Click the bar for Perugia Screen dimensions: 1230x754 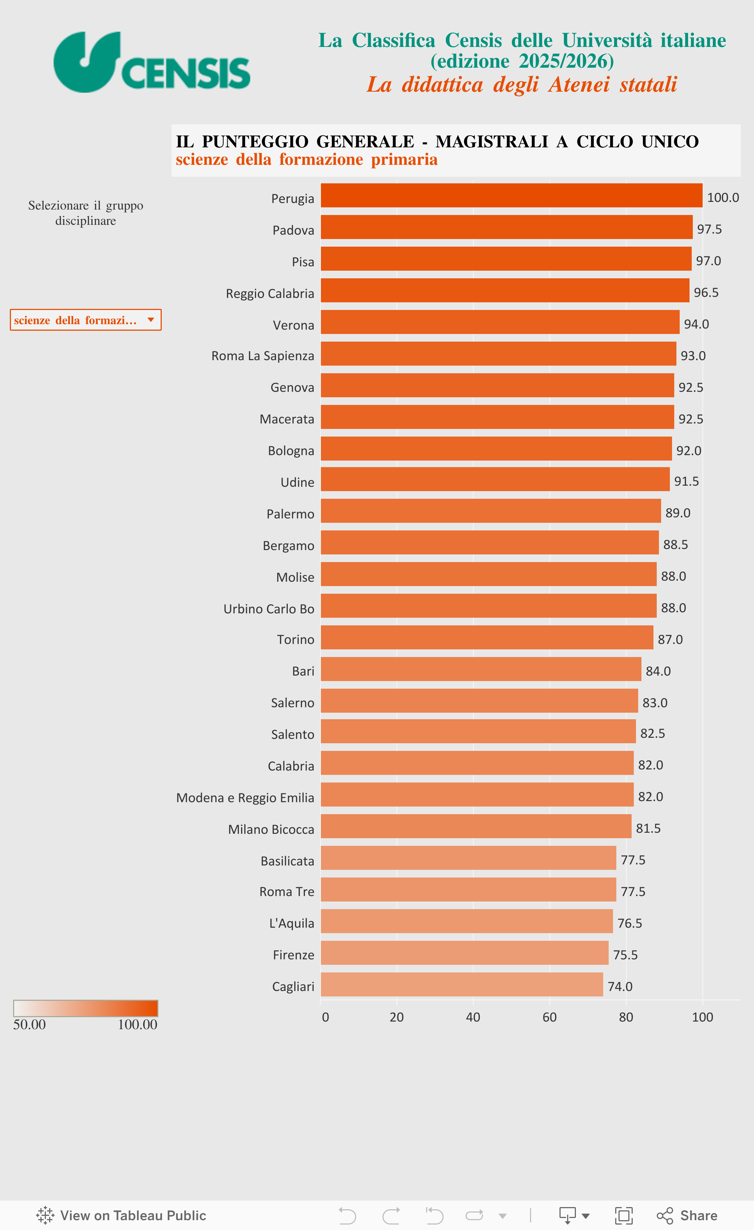[x=511, y=195]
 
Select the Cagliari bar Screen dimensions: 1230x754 [x=462, y=984]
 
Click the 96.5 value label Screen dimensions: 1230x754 [x=706, y=292]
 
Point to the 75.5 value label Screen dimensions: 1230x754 [x=625, y=955]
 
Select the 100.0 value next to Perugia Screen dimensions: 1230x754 [x=723, y=198]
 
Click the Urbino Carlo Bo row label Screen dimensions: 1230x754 [x=268, y=609]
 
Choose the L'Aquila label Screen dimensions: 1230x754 [x=291, y=923]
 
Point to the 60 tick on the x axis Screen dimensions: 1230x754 [x=549, y=1017]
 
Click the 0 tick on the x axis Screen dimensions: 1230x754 [x=325, y=1017]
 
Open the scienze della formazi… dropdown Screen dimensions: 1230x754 [x=86, y=320]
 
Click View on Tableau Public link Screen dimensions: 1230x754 [x=121, y=1215]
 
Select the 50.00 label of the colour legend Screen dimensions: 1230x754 [x=29, y=1024]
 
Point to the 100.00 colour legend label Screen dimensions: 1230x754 [x=137, y=1024]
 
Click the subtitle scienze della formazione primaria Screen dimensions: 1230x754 [x=306, y=159]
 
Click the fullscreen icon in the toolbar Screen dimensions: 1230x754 [x=623, y=1215]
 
